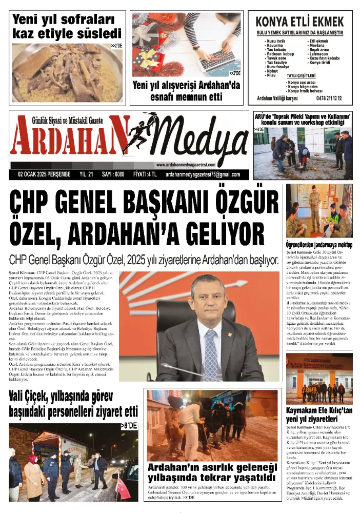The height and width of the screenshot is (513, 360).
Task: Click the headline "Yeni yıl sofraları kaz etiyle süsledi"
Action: coord(67,27)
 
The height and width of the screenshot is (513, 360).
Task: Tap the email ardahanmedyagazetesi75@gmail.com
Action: coord(203,174)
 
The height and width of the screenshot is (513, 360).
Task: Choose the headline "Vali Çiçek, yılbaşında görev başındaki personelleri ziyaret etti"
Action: coord(73,404)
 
